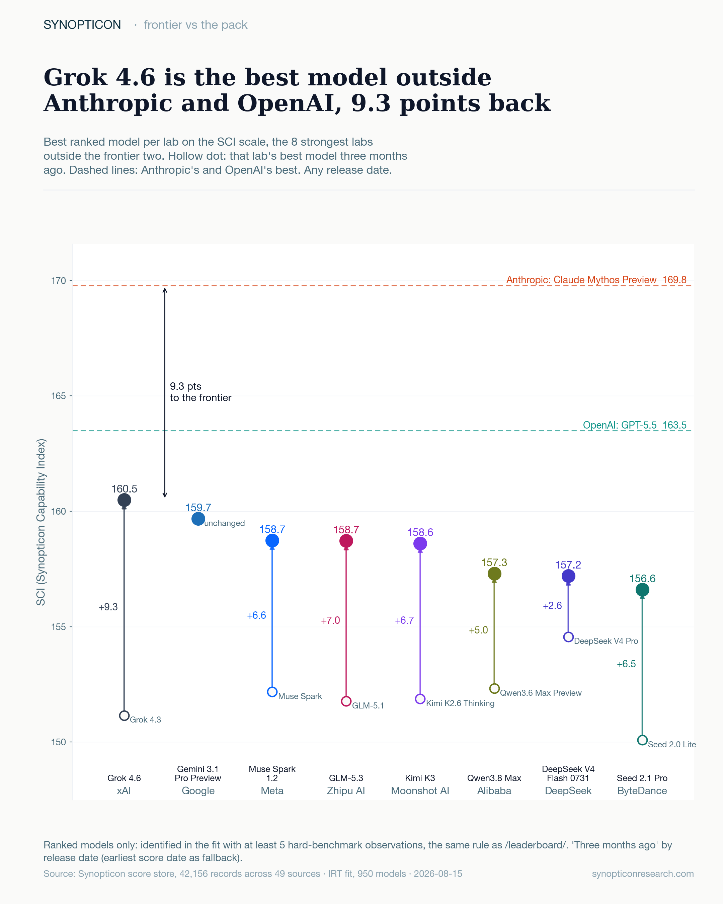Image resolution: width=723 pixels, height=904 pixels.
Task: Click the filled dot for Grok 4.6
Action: (x=124, y=500)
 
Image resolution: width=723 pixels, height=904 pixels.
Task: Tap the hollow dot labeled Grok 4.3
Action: (x=124, y=715)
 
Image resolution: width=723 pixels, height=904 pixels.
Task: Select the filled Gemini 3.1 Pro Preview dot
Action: (x=198, y=519)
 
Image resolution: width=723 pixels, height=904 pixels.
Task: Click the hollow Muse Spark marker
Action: (x=272, y=692)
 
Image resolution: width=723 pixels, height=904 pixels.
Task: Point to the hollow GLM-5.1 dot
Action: (x=346, y=701)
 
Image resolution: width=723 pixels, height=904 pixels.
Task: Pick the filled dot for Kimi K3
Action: (x=420, y=543)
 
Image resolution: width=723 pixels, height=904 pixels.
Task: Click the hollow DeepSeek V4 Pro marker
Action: (x=568, y=637)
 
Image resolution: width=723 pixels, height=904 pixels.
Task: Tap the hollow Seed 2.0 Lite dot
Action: (x=642, y=740)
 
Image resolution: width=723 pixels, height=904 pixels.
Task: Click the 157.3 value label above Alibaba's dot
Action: (x=494, y=562)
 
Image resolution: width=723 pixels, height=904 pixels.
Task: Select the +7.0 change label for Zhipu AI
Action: (x=330, y=620)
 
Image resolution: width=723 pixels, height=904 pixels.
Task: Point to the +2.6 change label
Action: (x=552, y=605)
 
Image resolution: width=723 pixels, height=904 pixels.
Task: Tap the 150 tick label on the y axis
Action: (x=59, y=742)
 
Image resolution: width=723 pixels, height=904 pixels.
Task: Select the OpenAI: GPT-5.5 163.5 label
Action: (x=635, y=425)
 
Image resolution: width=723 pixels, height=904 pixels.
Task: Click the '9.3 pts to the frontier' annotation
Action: (x=200, y=392)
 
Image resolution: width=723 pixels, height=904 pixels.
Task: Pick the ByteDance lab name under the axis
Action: (x=642, y=791)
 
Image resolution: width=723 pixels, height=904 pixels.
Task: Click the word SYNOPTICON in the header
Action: (x=82, y=25)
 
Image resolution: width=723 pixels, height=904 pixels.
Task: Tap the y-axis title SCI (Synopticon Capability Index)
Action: (x=41, y=522)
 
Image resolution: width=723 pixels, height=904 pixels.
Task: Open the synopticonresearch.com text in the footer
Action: (x=643, y=874)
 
